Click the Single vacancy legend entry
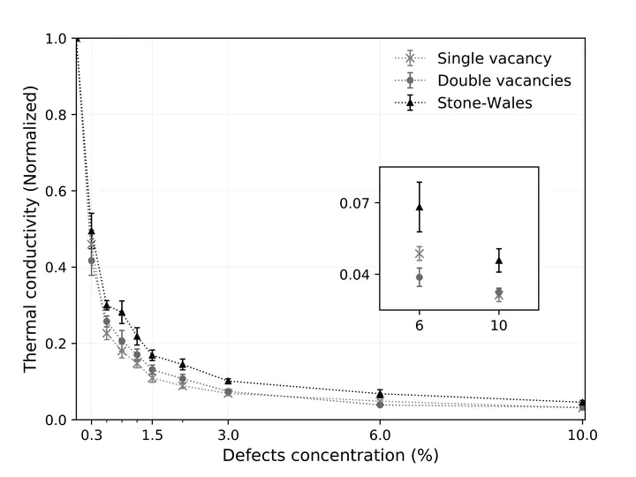tap(494, 59)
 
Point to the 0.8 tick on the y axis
tap(56, 115)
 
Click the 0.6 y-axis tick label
tap(56, 191)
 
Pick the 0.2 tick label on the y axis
tap(56, 343)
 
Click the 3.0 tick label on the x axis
tap(228, 435)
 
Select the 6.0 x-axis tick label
tap(380, 435)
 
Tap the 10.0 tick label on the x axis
tap(582, 435)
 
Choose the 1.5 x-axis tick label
tap(152, 435)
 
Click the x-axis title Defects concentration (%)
tap(329, 456)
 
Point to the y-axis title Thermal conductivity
tap(31, 228)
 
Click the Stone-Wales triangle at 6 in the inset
tap(420, 207)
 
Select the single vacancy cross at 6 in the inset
tap(420, 254)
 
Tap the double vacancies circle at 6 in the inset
tap(420, 277)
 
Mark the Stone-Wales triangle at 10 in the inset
tap(499, 261)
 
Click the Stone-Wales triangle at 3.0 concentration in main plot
tap(228, 381)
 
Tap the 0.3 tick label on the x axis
tap(91, 435)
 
